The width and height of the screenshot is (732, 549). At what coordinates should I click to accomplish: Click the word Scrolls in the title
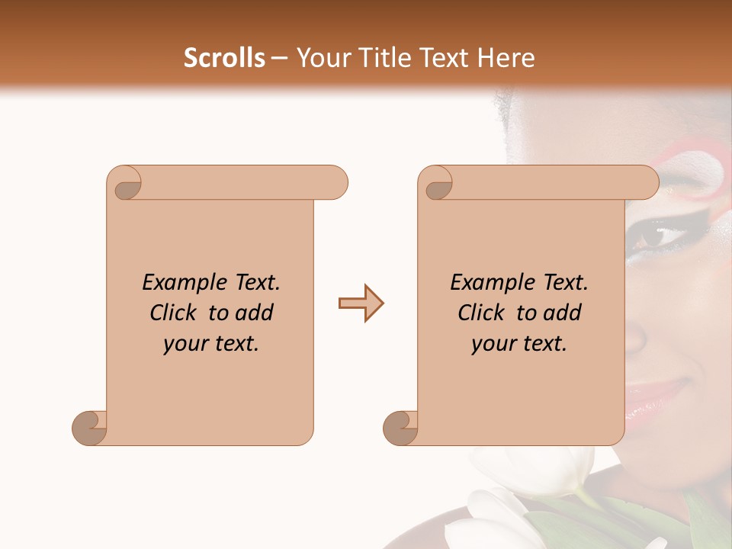224,58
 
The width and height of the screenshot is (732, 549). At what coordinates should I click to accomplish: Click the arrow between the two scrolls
361,303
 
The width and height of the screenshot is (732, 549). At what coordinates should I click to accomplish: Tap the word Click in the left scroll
175,313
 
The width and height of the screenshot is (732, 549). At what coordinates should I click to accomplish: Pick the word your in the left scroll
184,344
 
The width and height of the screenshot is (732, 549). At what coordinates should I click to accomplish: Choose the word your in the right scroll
492,344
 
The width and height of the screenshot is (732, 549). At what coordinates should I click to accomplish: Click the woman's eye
654,236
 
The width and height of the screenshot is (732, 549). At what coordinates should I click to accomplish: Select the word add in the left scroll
253,313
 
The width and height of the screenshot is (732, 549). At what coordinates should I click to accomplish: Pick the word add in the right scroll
561,313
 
